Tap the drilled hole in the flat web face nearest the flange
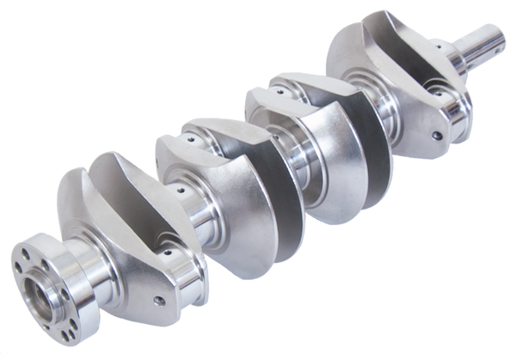[157, 300]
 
